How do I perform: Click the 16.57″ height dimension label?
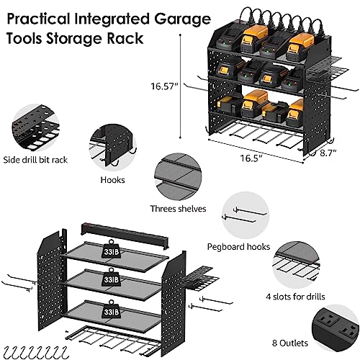[x=166, y=86]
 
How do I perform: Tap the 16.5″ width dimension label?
[x=251, y=158]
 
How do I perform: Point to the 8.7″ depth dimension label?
[x=328, y=153]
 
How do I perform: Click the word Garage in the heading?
[x=182, y=19]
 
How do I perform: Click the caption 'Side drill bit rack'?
[x=35, y=160]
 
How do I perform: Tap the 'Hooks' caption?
[x=112, y=180]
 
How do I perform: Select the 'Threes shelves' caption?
[x=178, y=209]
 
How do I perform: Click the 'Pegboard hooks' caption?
[x=238, y=247]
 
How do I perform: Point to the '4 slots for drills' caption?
[x=295, y=297]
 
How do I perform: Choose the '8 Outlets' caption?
[x=290, y=343]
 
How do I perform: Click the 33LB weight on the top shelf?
[x=111, y=249]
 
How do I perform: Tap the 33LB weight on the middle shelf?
[x=111, y=277]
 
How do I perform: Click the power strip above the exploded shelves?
[x=125, y=233]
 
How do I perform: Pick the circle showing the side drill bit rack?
[x=35, y=128]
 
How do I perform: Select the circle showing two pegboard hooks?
[x=246, y=215]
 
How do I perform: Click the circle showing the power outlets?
[x=336, y=329]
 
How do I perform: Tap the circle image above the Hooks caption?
[x=112, y=147]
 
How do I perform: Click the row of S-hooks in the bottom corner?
[x=36, y=352]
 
